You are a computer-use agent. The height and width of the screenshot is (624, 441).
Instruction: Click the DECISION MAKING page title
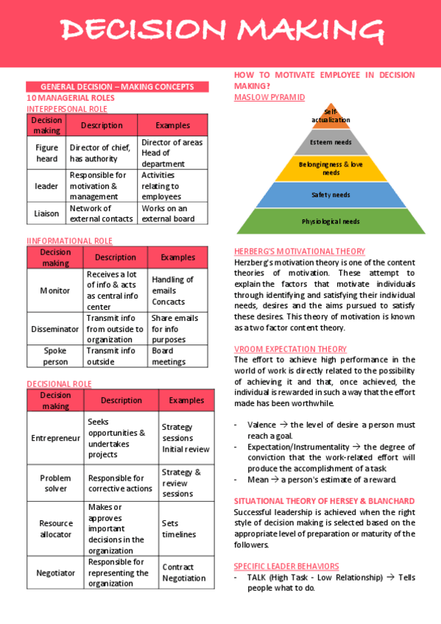click(221, 31)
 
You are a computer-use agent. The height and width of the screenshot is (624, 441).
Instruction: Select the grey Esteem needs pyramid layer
click(331, 142)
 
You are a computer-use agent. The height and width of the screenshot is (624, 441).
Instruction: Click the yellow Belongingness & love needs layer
click(331, 169)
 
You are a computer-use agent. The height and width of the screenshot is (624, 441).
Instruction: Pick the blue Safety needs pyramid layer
click(331, 195)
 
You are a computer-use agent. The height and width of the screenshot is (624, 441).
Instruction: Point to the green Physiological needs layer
click(331, 221)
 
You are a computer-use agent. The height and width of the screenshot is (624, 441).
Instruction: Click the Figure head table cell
click(46, 152)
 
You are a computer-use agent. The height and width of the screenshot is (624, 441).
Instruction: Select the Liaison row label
click(46, 213)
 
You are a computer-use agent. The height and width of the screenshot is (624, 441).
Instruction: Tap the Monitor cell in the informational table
click(55, 290)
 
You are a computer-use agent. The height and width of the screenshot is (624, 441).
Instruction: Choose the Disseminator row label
click(55, 329)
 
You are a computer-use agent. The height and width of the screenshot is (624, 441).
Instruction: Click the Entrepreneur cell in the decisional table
click(55, 438)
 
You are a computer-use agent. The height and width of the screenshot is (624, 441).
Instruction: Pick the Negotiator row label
click(55, 572)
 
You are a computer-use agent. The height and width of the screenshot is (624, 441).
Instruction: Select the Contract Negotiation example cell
click(184, 572)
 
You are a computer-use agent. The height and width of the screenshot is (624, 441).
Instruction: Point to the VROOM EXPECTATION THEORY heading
click(290, 349)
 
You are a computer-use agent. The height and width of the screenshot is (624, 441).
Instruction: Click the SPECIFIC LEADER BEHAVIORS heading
click(286, 566)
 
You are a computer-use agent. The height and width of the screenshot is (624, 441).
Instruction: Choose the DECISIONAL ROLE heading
click(59, 383)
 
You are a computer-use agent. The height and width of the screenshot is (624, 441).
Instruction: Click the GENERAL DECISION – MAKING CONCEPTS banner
click(117, 87)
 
